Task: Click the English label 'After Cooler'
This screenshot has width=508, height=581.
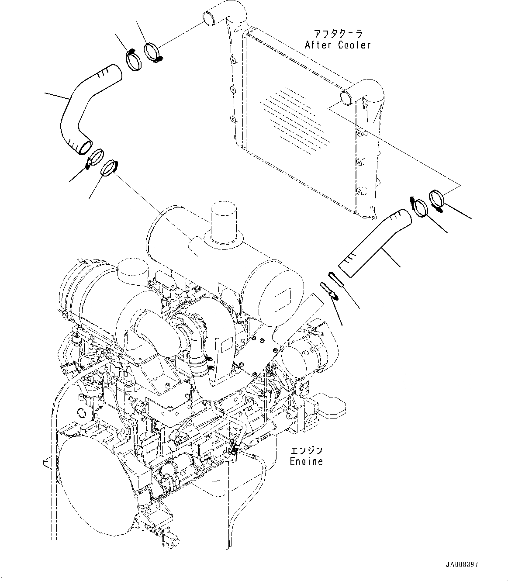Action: (338, 45)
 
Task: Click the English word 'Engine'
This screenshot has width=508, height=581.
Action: (306, 461)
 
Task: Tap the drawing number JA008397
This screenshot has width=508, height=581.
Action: (463, 565)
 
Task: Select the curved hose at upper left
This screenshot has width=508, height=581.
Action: (83, 105)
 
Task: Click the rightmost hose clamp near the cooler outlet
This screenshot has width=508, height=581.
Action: (437, 198)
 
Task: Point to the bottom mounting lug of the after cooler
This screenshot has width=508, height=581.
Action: (373, 215)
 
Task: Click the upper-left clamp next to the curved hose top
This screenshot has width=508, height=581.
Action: (134, 60)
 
